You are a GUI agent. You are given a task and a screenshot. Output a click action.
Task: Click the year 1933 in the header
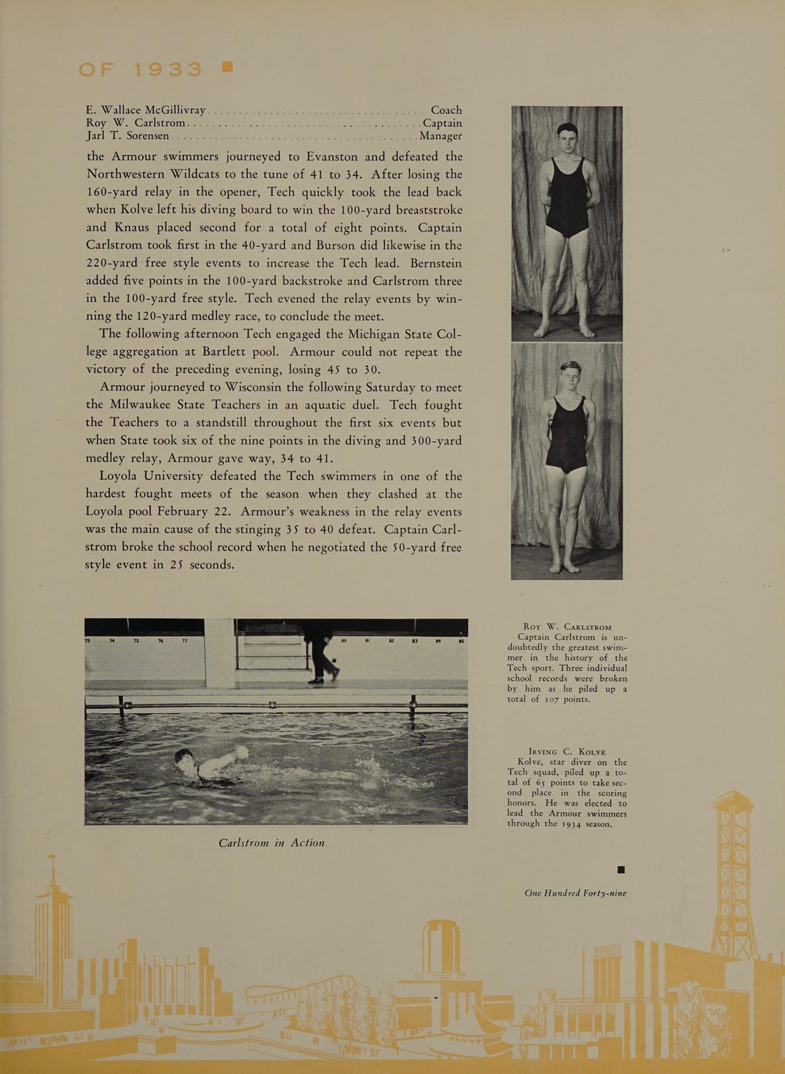(167, 69)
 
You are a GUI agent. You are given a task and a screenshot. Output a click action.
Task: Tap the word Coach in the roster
(446, 110)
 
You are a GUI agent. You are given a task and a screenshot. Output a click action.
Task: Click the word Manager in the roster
(441, 136)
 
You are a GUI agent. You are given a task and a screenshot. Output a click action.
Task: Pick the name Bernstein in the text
(431, 263)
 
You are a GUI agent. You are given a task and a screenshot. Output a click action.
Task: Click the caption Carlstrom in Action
(271, 843)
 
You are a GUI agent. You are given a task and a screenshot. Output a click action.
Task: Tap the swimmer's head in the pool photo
(185, 757)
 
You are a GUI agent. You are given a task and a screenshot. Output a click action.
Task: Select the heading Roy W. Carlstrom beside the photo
(567, 627)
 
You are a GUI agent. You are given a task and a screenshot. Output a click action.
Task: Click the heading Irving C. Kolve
(566, 752)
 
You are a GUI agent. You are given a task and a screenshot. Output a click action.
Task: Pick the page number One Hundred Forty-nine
(575, 893)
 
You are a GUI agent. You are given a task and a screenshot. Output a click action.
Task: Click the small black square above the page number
(621, 870)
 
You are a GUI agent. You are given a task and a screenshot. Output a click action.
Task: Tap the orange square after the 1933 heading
(228, 67)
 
